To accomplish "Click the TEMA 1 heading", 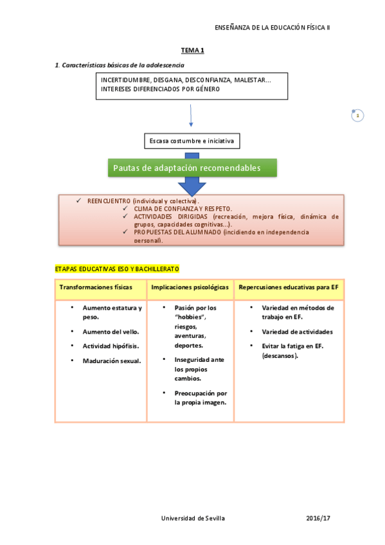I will coord(192,50).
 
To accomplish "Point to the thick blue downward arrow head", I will coord(192,187).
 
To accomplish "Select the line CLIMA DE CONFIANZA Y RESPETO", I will coord(183,209).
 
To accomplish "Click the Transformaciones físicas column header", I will coord(96,287).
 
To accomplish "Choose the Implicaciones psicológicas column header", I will coord(190,287).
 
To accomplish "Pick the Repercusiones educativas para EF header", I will coord(289,287).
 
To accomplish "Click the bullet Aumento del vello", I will coord(111,332).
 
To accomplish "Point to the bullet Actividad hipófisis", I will coord(111,346).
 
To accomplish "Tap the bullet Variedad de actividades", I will coord(297,332).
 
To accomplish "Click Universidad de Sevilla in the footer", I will coord(193,517).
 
